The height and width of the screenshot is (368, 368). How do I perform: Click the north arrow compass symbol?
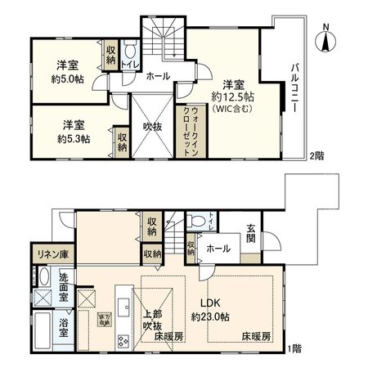(x=325, y=40)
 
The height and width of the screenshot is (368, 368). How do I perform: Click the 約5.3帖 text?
(x=74, y=139)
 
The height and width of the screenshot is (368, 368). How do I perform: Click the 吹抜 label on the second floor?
(x=151, y=127)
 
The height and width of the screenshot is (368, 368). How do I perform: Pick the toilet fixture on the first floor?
(x=197, y=220)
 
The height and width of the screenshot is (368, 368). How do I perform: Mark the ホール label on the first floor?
(x=216, y=249)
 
